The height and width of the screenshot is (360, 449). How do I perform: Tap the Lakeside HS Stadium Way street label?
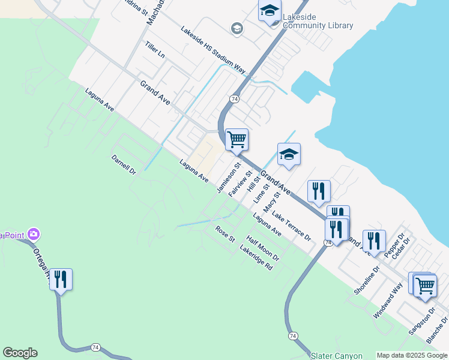(213, 50)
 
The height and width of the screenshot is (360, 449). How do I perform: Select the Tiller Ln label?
(155, 50)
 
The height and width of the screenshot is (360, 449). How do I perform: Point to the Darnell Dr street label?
(124, 165)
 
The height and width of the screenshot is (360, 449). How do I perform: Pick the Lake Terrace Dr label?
(292, 226)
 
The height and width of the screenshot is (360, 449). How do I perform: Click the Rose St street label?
(225, 234)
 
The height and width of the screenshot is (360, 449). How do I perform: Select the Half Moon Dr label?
(263, 248)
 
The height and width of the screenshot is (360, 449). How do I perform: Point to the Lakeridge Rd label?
(256, 257)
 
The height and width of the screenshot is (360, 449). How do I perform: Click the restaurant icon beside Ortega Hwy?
(61, 279)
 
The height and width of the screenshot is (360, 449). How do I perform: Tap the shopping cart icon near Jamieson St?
(237, 139)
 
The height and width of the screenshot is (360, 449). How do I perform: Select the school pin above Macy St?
(289, 154)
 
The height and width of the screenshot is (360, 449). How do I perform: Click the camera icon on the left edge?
(34, 233)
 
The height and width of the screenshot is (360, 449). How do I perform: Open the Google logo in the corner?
(20, 353)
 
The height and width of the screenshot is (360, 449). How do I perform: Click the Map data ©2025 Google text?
(412, 355)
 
